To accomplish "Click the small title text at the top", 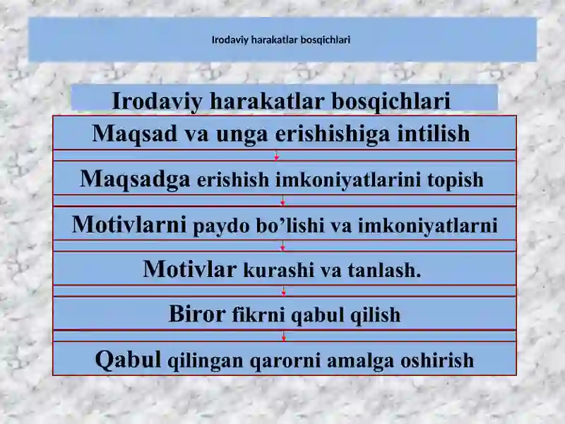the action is [281, 40].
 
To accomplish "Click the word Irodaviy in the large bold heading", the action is [157, 101].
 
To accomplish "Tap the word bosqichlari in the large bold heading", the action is [391, 101].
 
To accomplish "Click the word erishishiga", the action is [332, 134].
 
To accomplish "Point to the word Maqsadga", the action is [135, 179].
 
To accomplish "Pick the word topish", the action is [455, 180].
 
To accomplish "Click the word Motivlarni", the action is [129, 224].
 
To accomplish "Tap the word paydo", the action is [221, 226].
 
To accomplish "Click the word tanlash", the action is [384, 271].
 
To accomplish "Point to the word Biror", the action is [197, 314].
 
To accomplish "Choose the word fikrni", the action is [258, 314].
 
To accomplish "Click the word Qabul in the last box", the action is [128, 360].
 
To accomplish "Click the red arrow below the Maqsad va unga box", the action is [276, 155].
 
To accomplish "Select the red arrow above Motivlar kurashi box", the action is [283, 246].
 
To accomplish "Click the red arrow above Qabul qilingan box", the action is [284, 336].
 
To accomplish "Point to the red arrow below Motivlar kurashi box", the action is [284, 291].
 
